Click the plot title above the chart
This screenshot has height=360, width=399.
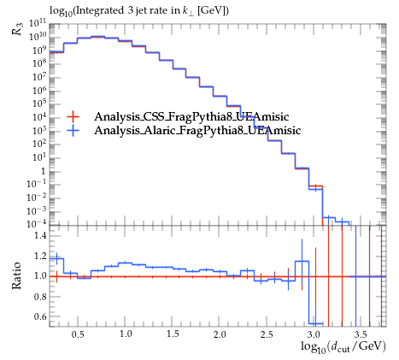click(139, 11)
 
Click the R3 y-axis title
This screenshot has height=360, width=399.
click(17, 29)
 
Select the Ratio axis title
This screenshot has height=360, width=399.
click(16, 275)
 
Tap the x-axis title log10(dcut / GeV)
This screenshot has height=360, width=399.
click(343, 347)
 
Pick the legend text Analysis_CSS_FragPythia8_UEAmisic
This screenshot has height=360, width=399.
click(191, 116)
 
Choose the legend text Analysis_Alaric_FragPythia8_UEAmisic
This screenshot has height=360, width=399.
click(197, 130)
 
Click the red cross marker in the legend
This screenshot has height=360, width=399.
click(73, 116)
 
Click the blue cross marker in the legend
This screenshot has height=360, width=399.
click(73, 131)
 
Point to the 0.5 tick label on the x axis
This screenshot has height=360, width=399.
click(78, 333)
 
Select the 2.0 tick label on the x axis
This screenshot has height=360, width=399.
click(219, 333)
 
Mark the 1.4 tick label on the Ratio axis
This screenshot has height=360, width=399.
click(40, 235)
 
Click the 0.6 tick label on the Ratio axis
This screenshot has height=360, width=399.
click(40, 316)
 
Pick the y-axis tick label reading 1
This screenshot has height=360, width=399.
click(43, 172)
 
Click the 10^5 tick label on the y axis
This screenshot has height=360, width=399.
click(38, 104)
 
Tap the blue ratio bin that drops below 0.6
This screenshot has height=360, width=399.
click(315, 323)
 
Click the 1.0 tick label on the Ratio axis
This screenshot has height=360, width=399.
click(40, 276)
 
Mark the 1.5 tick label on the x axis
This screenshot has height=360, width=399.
click(172, 333)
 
